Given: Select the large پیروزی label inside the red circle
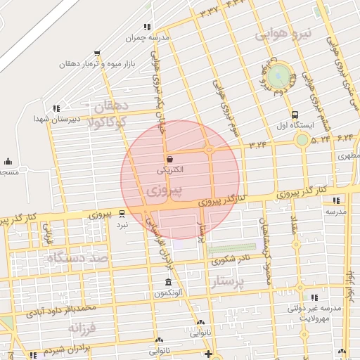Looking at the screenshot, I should click(167, 191).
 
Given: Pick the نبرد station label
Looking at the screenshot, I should click(122, 225).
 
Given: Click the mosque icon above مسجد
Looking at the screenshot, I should click(8, 162).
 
